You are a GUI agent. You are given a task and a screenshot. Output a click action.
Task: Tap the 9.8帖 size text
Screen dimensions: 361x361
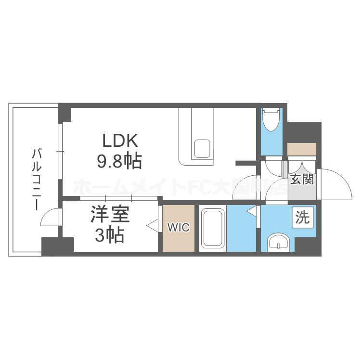pyautogui.click(x=120, y=161)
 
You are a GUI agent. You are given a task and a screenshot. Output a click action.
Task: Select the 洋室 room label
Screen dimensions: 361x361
pyautogui.click(x=109, y=215)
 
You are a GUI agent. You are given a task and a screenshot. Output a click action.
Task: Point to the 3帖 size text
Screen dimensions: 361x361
pyautogui.click(x=109, y=235)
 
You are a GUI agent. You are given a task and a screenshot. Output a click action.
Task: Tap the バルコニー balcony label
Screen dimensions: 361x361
pyautogui.click(x=35, y=180)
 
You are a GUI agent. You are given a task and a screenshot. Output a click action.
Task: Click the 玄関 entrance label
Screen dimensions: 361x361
pyautogui.click(x=302, y=180)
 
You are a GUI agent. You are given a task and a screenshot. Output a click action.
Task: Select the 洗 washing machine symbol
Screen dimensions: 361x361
pyautogui.click(x=303, y=218)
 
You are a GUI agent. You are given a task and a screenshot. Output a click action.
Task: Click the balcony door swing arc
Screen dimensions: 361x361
pyautogui.click(x=49, y=218)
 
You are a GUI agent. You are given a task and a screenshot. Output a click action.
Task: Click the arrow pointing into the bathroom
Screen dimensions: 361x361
pyautogui.click(x=251, y=211)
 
